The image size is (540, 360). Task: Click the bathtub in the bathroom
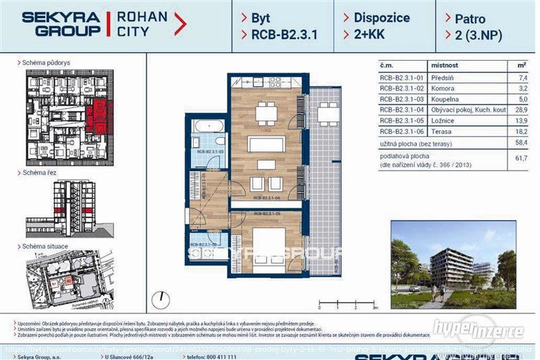click(x=208, y=126)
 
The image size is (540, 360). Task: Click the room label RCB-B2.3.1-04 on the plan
click(x=267, y=199)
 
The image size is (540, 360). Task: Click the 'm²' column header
click(x=521, y=66)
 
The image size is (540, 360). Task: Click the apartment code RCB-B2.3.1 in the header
click(x=276, y=34)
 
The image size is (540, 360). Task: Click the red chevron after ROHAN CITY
click(x=180, y=24)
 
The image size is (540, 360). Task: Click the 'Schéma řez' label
click(x=40, y=173)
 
